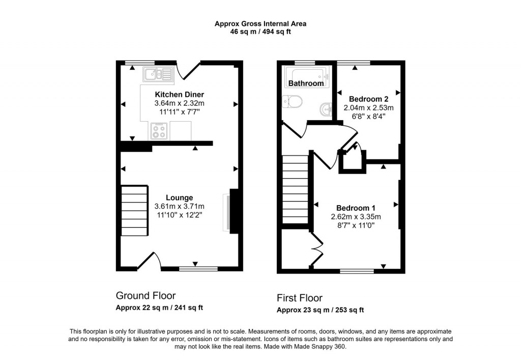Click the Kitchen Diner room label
tap(179, 95)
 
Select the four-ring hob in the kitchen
tap(159, 132)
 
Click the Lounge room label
tap(179, 198)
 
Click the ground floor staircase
tap(134, 210)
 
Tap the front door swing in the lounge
tap(151, 261)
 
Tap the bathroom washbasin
tap(326, 108)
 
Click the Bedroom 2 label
tap(368, 99)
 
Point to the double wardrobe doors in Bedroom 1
tap(317, 250)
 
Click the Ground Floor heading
tap(146, 295)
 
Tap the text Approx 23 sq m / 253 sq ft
tap(320, 310)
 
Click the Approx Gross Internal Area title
tap(260, 23)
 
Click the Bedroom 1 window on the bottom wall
tap(357, 271)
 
